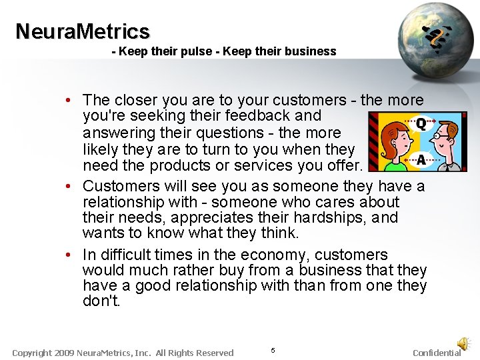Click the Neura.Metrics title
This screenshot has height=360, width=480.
pyautogui.click(x=83, y=31)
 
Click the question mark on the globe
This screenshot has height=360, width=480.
pyautogui.click(x=437, y=39)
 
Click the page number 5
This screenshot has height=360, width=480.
pyautogui.click(x=273, y=351)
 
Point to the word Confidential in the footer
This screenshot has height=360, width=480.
pyautogui.click(x=437, y=353)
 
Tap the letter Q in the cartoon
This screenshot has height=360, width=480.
pyautogui.click(x=421, y=124)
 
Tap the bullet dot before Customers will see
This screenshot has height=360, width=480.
pyautogui.click(x=69, y=185)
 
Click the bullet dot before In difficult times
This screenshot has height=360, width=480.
pyautogui.click(x=69, y=255)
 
